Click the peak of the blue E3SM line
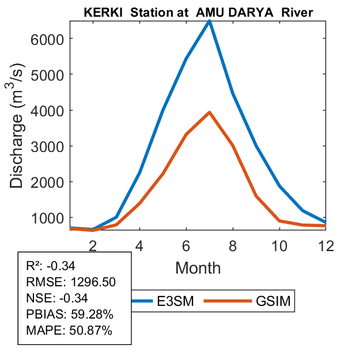210,21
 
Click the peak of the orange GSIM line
210,112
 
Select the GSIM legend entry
274,301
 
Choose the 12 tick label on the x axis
327,245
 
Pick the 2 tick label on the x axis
93,245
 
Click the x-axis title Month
198,268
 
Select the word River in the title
297,12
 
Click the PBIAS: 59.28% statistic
69,314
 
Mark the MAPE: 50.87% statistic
69,331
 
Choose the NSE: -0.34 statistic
56,298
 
